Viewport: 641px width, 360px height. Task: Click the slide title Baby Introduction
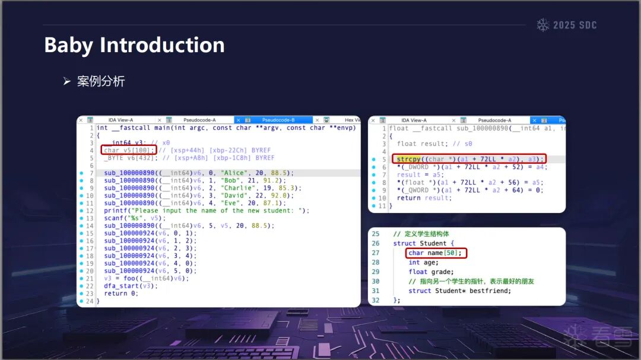point(135,45)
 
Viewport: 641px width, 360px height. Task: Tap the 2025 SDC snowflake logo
point(543,25)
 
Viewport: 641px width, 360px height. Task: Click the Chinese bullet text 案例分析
point(100,81)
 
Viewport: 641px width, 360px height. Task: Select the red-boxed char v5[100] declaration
point(129,150)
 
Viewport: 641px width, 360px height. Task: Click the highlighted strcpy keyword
point(408,159)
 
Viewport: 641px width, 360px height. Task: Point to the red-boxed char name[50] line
point(436,253)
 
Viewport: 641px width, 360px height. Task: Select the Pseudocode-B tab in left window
point(278,120)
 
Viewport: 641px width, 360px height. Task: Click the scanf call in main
point(135,218)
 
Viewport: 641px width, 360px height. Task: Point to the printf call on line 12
point(207,211)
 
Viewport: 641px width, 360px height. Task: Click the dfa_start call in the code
point(131,286)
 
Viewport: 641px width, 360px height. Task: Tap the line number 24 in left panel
point(90,301)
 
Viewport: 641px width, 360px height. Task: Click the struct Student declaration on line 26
point(424,244)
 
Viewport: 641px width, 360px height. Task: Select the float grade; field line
point(431,272)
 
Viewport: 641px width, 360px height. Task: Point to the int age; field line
point(424,263)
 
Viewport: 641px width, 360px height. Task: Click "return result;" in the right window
point(424,198)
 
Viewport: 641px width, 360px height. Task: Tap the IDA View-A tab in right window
point(414,120)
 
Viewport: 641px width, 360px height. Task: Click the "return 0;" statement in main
point(121,294)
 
